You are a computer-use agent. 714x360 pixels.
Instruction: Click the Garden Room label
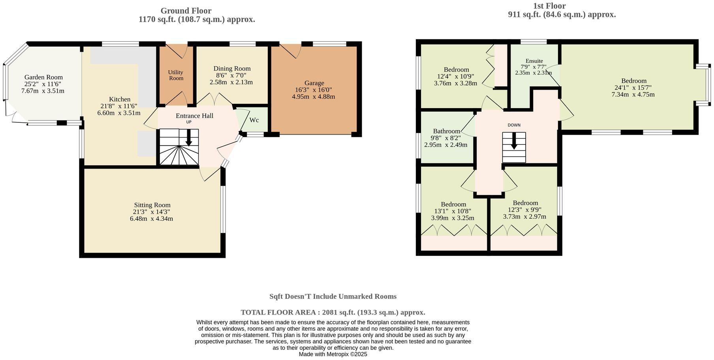coord(43,77)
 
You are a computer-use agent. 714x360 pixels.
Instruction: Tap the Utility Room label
coord(176,75)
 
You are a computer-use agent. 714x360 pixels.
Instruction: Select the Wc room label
coord(254,120)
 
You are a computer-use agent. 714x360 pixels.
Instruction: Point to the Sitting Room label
coord(152,205)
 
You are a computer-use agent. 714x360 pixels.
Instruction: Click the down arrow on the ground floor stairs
coord(189,138)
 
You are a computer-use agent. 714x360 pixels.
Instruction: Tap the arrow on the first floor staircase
coord(514,141)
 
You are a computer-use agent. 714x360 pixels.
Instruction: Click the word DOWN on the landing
coord(514,125)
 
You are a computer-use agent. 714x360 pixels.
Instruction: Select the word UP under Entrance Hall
coord(189,122)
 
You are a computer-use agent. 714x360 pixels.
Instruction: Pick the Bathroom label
coord(447,131)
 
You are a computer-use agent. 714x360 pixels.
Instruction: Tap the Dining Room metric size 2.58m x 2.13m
coord(231,82)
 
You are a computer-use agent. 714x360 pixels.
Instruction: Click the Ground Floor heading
coord(186,11)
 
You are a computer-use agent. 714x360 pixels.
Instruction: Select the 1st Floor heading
coord(549,6)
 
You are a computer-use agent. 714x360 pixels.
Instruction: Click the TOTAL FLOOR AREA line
coord(333,312)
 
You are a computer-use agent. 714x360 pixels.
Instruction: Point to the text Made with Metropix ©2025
coord(333,354)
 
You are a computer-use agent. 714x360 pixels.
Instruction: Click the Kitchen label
coord(120,99)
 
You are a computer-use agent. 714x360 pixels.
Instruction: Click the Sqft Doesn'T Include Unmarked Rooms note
coord(333,296)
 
